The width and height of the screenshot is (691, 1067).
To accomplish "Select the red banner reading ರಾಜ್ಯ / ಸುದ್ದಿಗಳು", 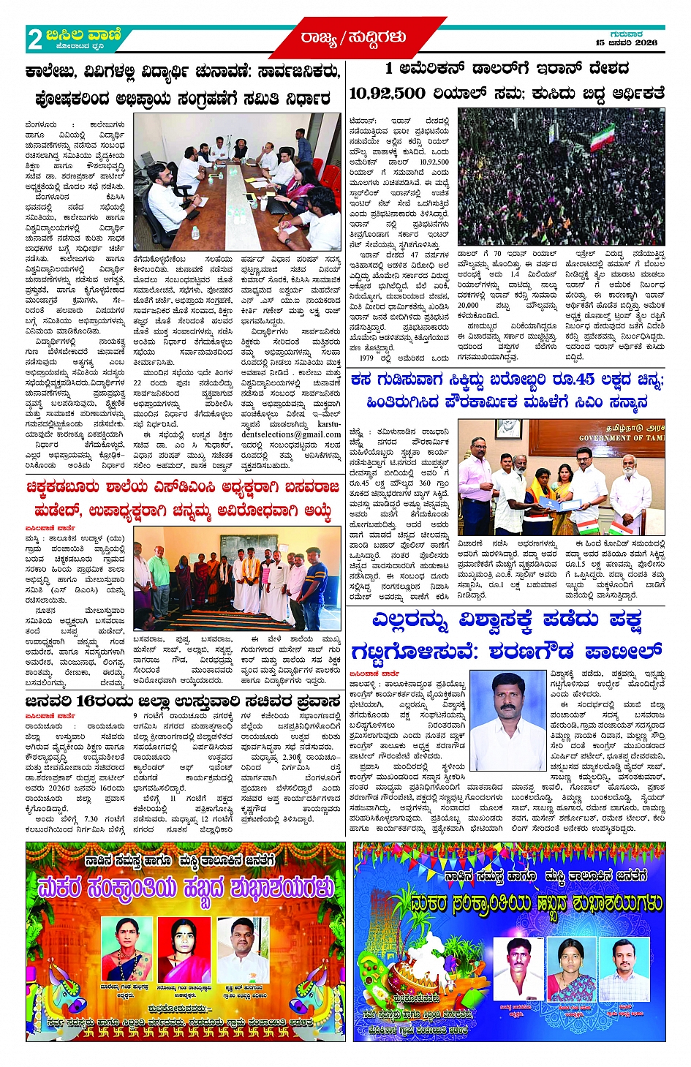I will click(353, 37).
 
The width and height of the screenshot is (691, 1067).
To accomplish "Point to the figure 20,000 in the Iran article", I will click(468, 306).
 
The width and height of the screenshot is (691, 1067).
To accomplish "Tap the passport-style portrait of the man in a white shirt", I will click(507, 710).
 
